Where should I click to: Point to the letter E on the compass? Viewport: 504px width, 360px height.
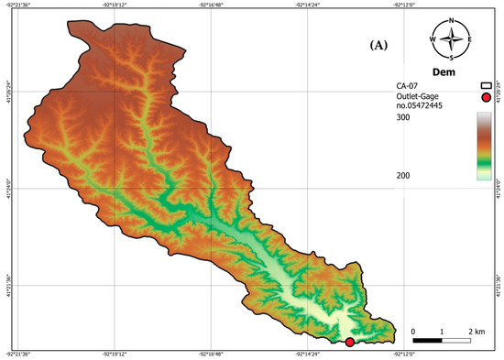pyautogui.click(x=469, y=39)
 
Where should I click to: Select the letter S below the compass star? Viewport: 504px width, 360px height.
pyautogui.click(x=452, y=57)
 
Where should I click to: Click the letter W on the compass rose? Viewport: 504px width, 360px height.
pyautogui.click(x=433, y=39)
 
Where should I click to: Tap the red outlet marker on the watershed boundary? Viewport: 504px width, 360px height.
pyautogui.click(x=349, y=342)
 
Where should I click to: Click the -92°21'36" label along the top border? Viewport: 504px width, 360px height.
pyautogui.click(x=18, y=5)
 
